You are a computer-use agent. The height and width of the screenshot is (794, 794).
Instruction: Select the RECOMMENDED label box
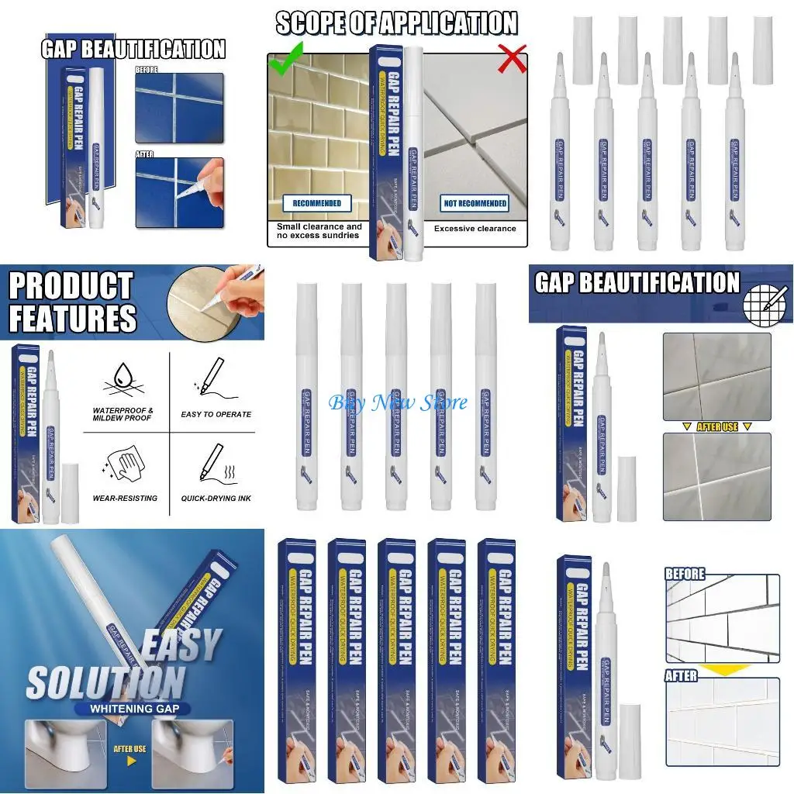point(316,203)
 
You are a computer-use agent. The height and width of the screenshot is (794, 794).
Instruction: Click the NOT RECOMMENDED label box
point(475,203)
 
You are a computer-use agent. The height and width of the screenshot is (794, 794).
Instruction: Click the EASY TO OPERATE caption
point(216,415)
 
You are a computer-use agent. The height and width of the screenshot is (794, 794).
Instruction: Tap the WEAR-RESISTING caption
point(125,499)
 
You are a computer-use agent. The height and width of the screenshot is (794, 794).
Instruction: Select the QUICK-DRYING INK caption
point(216,499)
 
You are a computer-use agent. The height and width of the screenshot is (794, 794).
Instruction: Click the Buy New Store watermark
point(398,402)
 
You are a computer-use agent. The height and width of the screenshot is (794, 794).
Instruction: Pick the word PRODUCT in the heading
point(71,286)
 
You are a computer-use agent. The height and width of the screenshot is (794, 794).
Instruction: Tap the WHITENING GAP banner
point(116,710)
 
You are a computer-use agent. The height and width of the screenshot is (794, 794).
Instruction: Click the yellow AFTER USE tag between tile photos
point(716,427)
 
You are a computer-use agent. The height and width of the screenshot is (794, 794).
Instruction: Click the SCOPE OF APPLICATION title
point(397,24)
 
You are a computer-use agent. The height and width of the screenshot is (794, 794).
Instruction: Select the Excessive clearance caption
point(475,229)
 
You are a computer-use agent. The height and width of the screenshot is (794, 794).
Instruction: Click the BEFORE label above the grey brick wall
point(685,575)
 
